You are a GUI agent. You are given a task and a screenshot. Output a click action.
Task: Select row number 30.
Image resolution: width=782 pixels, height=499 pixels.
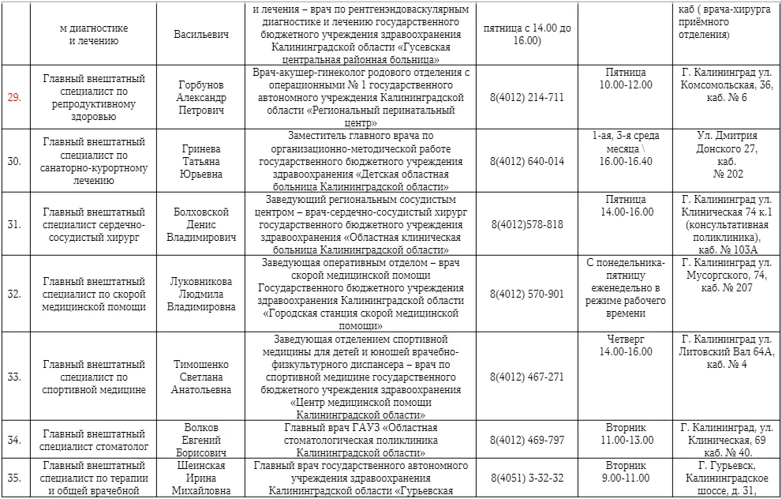14,161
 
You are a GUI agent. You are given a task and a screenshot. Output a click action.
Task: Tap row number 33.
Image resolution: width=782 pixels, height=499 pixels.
14,377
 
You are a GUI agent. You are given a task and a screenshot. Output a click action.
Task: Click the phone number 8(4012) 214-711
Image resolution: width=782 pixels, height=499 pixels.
527,97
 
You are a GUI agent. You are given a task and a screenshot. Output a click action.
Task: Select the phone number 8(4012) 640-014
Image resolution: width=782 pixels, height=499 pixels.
527,161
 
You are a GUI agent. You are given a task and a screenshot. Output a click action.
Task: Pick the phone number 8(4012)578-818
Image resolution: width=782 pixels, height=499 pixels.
527,224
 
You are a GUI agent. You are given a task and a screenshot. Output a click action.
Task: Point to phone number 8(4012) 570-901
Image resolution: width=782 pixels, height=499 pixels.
527,295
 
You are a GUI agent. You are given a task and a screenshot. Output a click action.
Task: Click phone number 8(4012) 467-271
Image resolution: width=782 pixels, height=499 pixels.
527,377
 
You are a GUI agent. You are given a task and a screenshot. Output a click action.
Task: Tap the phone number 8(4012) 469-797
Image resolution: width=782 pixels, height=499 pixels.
527,439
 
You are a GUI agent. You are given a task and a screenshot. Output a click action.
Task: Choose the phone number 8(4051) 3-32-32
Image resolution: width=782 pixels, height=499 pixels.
527,478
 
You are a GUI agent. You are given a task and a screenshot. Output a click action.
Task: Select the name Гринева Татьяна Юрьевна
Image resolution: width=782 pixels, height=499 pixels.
200,161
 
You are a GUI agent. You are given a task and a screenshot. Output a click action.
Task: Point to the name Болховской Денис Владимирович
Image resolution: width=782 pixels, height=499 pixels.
200,224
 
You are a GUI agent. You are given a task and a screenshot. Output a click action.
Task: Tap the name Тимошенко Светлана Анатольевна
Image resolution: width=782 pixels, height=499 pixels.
200,377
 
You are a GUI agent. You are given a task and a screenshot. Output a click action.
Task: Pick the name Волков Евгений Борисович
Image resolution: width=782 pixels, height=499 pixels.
200,440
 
